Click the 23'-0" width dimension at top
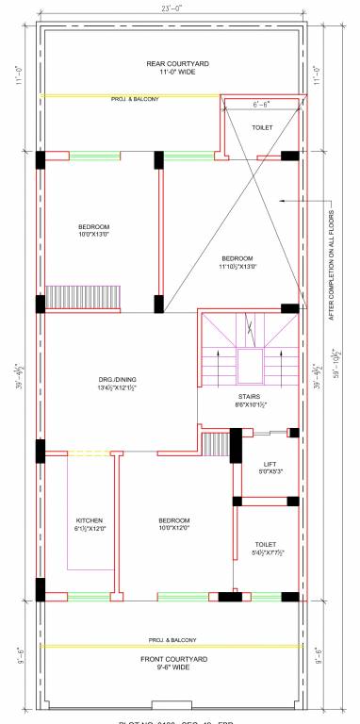coord(172,8)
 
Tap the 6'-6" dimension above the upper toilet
coord(260,104)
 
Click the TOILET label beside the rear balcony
coord(262,126)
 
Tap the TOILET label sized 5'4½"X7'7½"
coord(266,549)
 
